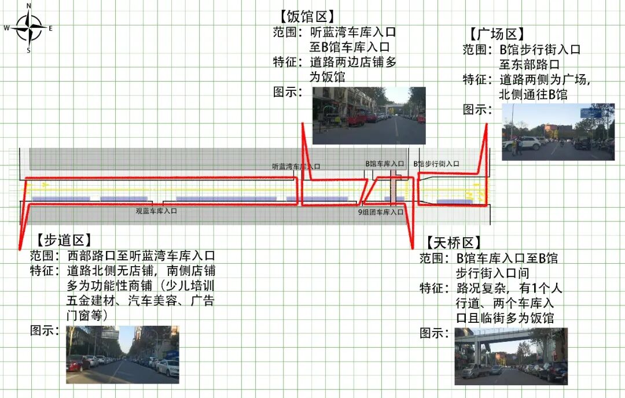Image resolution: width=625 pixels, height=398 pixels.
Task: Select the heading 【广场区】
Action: point(497,34)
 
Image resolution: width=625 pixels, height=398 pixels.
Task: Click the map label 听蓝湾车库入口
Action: point(296,166)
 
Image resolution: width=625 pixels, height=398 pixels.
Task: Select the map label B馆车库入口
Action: point(384,164)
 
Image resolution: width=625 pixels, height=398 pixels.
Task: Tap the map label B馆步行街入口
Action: point(436,164)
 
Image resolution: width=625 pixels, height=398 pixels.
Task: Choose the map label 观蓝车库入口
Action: point(156,211)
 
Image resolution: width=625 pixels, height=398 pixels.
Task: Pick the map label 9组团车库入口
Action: point(380,212)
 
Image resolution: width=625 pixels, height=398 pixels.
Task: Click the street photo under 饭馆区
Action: point(369,116)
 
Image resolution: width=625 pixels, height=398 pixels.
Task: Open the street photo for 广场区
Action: point(557,132)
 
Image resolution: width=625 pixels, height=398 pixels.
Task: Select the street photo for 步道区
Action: point(122,354)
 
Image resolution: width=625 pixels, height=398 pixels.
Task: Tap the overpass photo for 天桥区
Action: point(510,356)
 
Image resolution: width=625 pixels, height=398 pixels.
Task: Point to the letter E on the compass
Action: point(50,28)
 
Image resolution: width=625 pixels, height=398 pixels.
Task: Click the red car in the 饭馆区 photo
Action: point(356,119)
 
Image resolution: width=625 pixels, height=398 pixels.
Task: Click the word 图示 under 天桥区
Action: point(433,333)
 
